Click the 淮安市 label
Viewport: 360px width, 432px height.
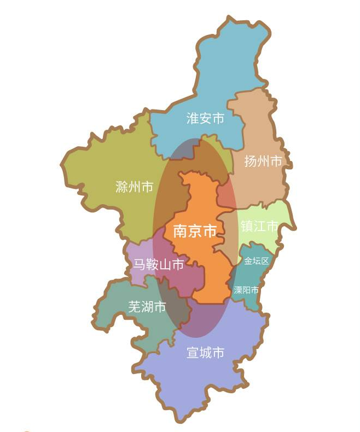205,118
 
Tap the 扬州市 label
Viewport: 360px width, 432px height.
263,161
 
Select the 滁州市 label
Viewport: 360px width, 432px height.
135,187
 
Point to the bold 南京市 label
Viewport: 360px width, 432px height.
195,231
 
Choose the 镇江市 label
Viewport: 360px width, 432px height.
259,226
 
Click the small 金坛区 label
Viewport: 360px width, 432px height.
257,261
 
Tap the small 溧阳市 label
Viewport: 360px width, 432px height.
246,290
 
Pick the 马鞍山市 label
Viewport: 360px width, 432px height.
159,266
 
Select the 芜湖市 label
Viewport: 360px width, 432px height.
147,307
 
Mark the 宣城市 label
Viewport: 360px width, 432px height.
206,353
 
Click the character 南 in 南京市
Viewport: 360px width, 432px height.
181,231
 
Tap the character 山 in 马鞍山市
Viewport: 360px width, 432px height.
165,266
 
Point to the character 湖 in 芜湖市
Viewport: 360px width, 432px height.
147,307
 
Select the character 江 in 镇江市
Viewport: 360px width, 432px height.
259,226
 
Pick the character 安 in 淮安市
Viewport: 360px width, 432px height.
205,118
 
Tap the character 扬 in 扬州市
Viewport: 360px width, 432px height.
251,161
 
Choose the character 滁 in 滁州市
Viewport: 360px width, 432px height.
122,187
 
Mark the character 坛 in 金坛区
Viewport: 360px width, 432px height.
257,261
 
